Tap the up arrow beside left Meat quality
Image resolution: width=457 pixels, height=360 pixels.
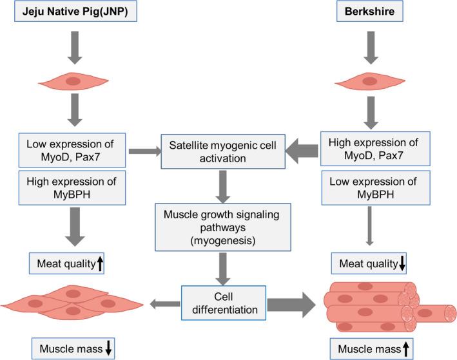pos(100,262)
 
